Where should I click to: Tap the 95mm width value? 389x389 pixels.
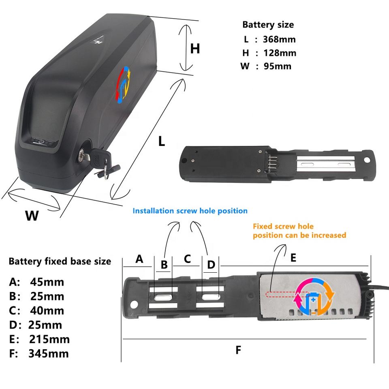point(278,66)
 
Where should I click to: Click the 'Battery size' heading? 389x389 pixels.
point(268,24)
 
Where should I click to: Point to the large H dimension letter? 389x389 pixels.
point(195,49)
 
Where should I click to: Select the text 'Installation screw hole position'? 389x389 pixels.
point(190,211)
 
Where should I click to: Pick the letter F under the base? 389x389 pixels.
point(238,350)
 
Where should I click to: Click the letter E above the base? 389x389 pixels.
point(293,257)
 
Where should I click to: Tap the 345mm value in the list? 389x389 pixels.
point(48,353)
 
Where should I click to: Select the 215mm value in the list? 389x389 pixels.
point(49,339)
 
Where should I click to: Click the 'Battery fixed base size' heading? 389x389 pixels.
point(60,261)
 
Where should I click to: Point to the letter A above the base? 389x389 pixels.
point(139,259)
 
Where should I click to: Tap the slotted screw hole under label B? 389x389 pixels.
point(163,297)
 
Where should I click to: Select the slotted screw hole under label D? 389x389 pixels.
point(211,297)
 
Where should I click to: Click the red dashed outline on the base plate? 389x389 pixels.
point(280,295)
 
